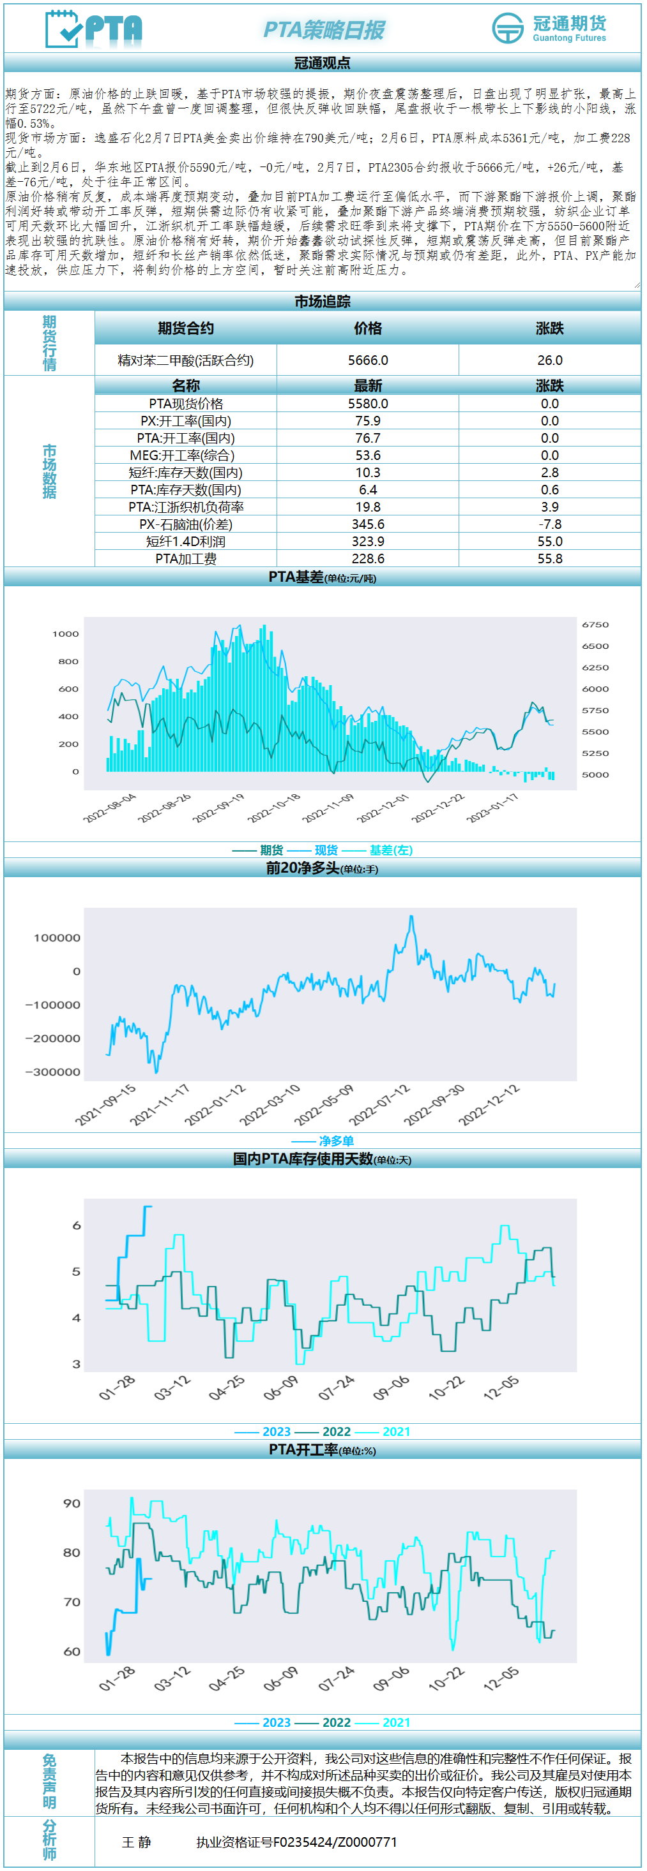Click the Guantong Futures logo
click(x=549, y=28)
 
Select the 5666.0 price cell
click(x=368, y=360)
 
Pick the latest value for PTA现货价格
click(x=368, y=404)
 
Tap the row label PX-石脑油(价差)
click(x=185, y=524)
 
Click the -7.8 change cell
click(x=549, y=524)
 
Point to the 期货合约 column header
click(x=185, y=329)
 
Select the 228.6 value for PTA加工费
click(x=368, y=559)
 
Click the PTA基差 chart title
click(x=322, y=577)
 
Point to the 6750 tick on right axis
click(x=595, y=625)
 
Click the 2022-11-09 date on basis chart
click(x=328, y=808)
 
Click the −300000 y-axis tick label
click(x=53, y=1072)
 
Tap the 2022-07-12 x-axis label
click(x=380, y=1105)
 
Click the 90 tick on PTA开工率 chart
click(x=72, y=1504)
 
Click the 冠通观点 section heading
click(x=322, y=63)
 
